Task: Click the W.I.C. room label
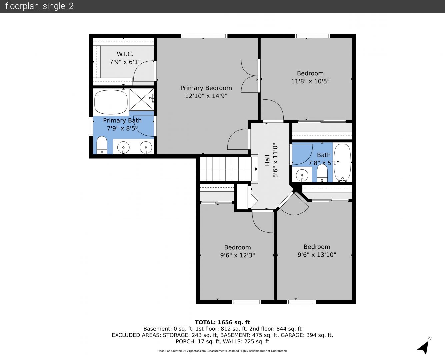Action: tap(125, 54)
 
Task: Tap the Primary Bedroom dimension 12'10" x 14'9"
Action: tap(206, 96)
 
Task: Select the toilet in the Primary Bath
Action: tap(102, 145)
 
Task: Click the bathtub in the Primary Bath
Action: tap(111, 102)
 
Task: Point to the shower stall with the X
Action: tap(142, 99)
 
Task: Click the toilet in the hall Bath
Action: tap(322, 173)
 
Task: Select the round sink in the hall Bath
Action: tap(302, 175)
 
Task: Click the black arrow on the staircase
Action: tap(256, 169)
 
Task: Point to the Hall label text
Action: tap(267, 160)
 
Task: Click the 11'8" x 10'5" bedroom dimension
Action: tap(310, 81)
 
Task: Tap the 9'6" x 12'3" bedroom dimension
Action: tap(238, 255)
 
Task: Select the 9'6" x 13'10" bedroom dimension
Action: tap(317, 255)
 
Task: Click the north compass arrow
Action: tap(424, 348)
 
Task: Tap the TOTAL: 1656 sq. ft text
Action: tap(222, 322)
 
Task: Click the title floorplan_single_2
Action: tap(39, 6)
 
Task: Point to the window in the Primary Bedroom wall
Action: tap(204, 36)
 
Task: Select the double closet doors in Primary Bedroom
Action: tap(249, 76)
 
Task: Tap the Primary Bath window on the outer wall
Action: tap(91, 126)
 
